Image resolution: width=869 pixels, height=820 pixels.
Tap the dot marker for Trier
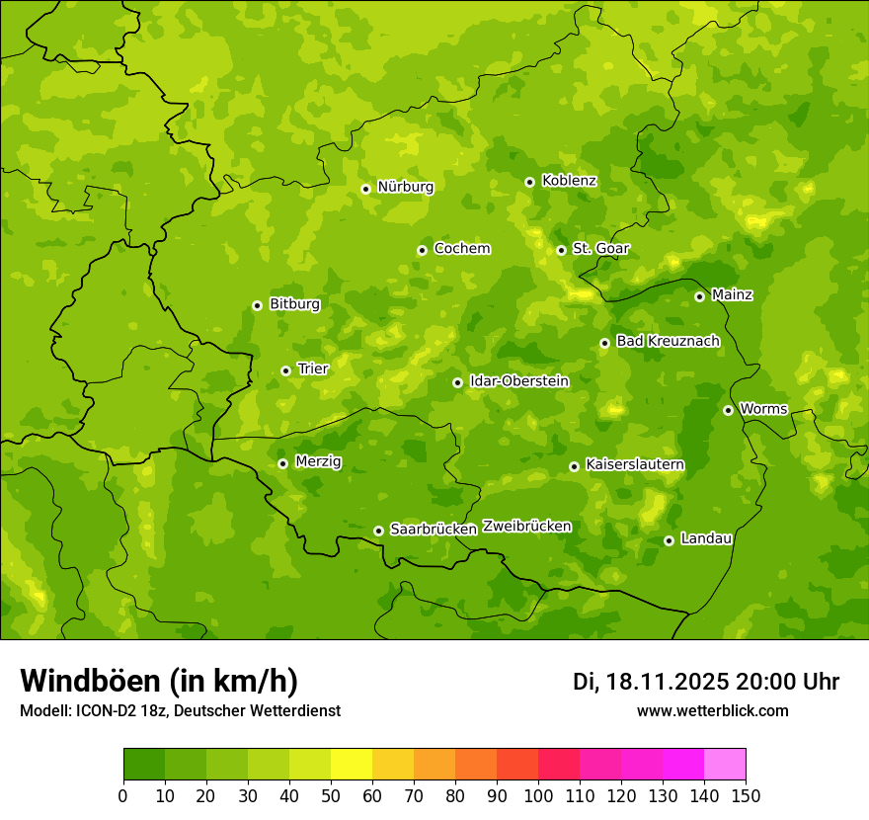(x=286, y=370)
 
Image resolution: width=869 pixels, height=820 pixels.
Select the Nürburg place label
(x=405, y=186)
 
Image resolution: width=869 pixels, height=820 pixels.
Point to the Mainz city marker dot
(x=699, y=296)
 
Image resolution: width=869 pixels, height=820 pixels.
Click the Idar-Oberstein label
(x=519, y=380)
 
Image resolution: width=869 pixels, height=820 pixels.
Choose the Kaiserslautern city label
(x=634, y=464)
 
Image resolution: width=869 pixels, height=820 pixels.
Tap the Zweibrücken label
(x=526, y=526)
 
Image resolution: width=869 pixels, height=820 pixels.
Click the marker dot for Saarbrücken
(x=378, y=531)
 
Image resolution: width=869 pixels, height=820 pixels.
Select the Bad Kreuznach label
(x=668, y=341)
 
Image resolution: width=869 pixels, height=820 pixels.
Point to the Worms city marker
(x=728, y=410)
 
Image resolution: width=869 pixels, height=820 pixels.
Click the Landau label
(x=706, y=538)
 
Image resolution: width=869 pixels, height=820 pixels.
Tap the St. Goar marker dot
(x=561, y=250)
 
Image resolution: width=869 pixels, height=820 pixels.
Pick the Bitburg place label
(x=294, y=303)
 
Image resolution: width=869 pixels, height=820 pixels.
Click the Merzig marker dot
(x=282, y=463)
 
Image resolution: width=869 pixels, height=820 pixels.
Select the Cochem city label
(x=461, y=248)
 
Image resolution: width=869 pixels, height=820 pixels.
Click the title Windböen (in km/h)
(x=159, y=681)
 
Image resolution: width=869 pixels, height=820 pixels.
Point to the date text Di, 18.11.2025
(x=650, y=682)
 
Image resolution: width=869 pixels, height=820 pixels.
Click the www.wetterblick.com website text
(x=712, y=710)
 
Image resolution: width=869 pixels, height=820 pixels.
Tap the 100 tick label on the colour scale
(x=537, y=796)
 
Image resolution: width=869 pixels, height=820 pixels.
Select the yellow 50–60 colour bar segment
(x=352, y=765)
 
